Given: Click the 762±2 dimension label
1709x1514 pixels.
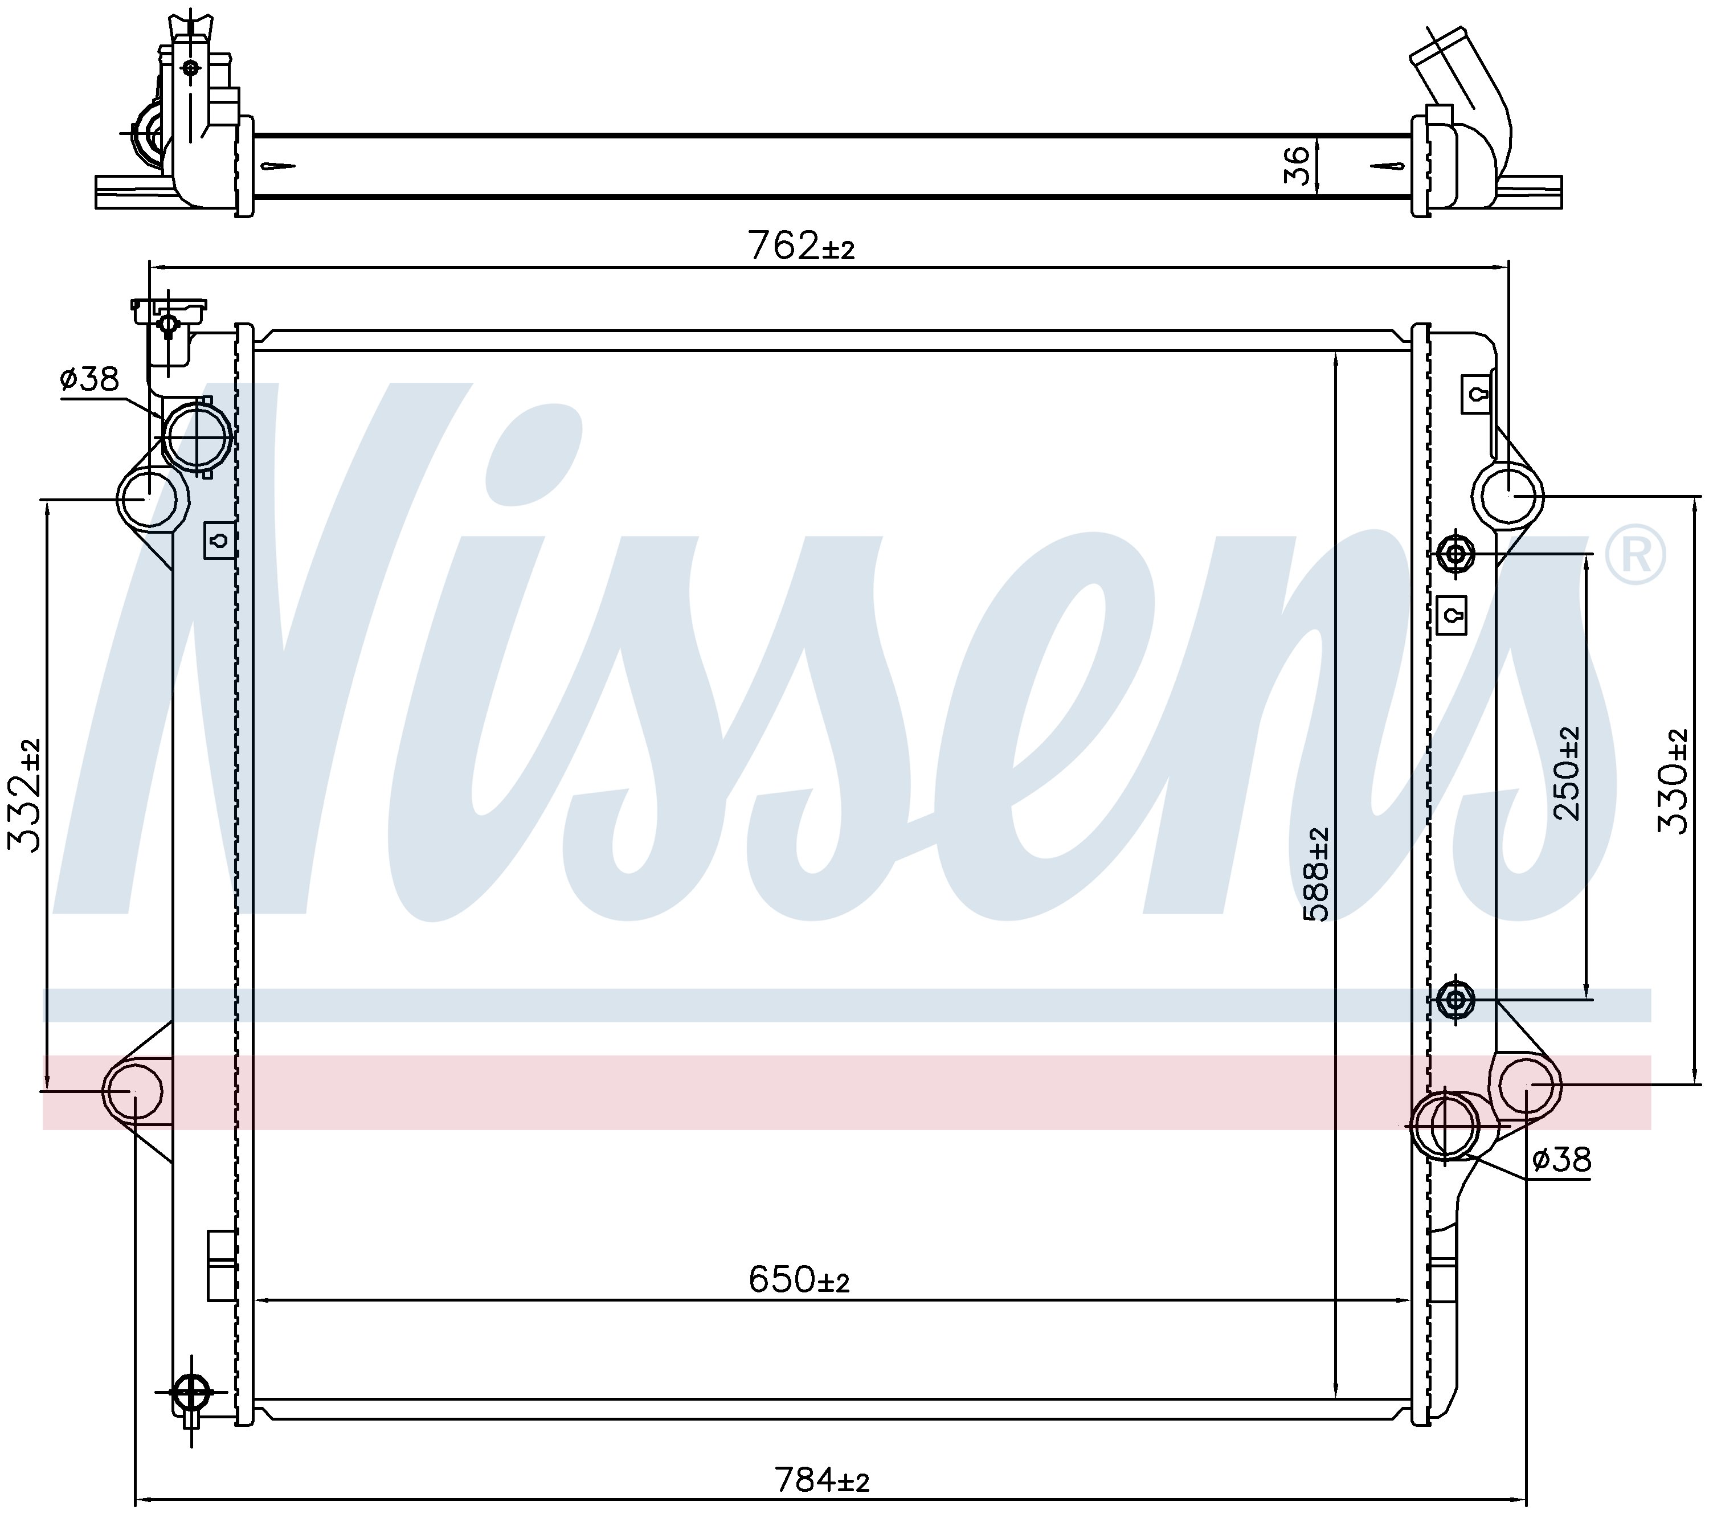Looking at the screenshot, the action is (801, 247).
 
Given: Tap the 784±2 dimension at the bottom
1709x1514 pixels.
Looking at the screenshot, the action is (822, 1480).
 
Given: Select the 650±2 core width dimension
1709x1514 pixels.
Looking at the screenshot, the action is (799, 1279).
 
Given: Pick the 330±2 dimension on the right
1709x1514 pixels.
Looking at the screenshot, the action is (1672, 781).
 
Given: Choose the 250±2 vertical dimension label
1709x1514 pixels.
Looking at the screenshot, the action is (1567, 774).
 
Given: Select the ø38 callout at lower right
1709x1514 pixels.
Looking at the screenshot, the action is (1562, 1160).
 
